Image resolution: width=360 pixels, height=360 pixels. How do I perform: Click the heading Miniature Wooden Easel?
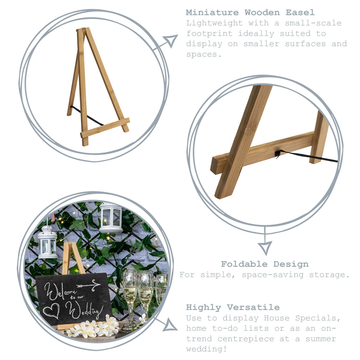click(250, 13)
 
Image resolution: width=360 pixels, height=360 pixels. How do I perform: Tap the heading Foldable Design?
click(264, 264)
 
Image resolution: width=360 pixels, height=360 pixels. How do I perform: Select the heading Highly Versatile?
click(233, 307)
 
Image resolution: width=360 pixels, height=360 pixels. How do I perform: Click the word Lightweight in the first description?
click(214, 23)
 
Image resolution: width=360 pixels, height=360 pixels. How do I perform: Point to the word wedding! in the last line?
click(207, 349)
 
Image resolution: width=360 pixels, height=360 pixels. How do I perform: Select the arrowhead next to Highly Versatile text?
click(171, 325)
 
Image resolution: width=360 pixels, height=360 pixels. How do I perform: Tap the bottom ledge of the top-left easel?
click(105, 128)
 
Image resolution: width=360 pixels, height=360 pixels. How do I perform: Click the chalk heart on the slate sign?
click(51, 310)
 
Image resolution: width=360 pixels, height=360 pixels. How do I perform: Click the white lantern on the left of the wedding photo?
click(47, 243)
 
